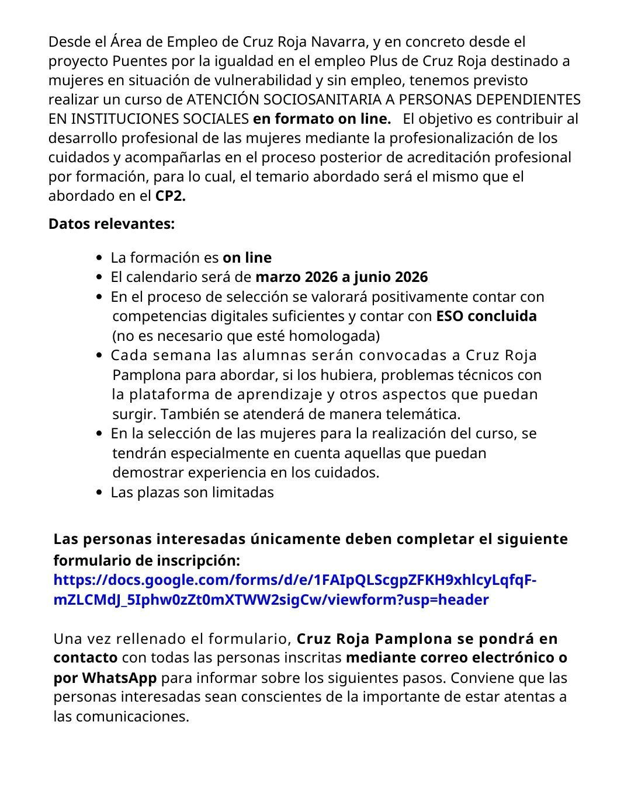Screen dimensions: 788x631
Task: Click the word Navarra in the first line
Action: pos(338,41)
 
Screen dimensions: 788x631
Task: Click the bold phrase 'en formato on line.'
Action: pos(321,118)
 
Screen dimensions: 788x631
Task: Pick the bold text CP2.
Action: pos(170,196)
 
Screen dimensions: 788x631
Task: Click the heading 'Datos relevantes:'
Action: pos(111,224)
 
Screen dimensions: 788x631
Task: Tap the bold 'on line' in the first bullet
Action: pos(247,257)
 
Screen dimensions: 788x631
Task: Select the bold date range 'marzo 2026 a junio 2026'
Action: pos(342,277)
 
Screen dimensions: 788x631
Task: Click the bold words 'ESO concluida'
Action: pos(486,316)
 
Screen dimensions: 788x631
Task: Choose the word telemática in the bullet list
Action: pos(421,414)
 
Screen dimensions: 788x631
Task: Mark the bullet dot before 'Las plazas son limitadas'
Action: pos(99,493)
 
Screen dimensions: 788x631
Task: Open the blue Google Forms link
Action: pos(294,590)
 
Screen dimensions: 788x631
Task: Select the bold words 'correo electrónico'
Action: pos(475,657)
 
